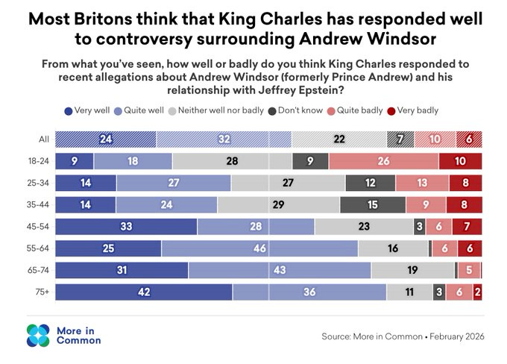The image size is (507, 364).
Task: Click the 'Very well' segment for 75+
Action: tap(144, 292)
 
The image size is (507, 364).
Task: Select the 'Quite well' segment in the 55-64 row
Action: tap(259, 248)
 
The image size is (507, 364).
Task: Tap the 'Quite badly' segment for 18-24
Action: tap(384, 161)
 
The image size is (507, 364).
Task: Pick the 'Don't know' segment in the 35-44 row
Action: tap(373, 205)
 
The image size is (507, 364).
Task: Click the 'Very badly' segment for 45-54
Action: tap(467, 227)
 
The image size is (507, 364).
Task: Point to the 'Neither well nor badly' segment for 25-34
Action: tap(288, 183)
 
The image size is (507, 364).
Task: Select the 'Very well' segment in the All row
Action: tap(106, 139)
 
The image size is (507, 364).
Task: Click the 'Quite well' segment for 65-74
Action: tap(280, 270)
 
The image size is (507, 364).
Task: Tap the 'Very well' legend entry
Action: tap(87, 110)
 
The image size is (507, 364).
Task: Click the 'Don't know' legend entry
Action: tap(295, 110)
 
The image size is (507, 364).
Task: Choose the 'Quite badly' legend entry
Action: tap(355, 110)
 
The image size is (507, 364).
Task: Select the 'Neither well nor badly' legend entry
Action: tap(216, 110)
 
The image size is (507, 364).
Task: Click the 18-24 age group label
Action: tap(39, 161)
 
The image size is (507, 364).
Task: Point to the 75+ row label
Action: tap(42, 292)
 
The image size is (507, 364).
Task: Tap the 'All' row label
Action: tap(44, 139)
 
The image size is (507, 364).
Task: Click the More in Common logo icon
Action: tap(38, 336)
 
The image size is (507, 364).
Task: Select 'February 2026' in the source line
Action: tap(457, 336)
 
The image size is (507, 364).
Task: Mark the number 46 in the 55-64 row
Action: tap(259, 248)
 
